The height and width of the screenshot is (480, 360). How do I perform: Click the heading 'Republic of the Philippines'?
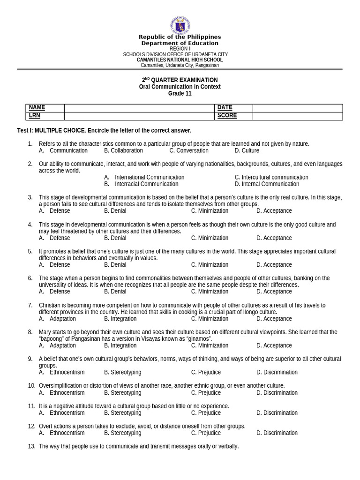point(180,37)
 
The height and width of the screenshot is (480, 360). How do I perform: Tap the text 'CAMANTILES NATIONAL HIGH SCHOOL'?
point(180,60)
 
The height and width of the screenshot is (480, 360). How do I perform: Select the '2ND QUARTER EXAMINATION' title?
point(180,80)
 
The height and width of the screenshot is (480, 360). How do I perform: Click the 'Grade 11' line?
point(180,93)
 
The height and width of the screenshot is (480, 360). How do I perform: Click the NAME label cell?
point(45,108)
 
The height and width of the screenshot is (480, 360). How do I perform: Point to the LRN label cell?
point(45,116)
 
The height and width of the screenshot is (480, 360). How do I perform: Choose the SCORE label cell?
point(233,116)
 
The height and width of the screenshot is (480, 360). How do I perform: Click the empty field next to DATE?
point(298,108)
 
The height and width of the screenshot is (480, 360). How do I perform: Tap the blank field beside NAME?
point(139,108)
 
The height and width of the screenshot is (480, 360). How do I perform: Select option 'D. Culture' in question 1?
point(247,150)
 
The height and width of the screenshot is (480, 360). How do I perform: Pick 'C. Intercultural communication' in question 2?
point(271,177)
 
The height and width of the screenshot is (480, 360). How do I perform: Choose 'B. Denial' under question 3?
point(115,211)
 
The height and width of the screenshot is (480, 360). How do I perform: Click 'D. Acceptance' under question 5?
point(274,265)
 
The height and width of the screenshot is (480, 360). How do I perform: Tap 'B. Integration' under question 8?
point(120,345)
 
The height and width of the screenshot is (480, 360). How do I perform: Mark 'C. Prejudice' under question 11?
point(206,413)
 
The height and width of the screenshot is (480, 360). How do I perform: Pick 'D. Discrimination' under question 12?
point(277,433)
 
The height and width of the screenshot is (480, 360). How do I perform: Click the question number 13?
point(31,447)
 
